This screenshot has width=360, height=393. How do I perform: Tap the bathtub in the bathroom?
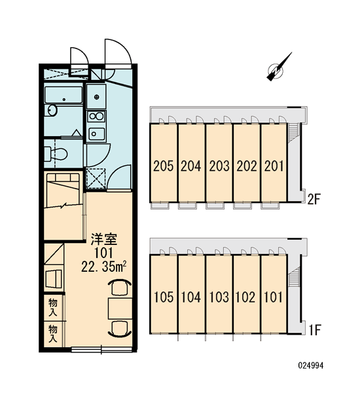(x=63, y=95)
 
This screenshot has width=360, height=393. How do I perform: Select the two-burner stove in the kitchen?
(x=96, y=117)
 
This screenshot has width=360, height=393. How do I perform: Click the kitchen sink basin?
(x=97, y=134)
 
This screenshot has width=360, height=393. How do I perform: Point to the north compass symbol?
(x=278, y=67)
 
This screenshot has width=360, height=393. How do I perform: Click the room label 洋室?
(x=103, y=239)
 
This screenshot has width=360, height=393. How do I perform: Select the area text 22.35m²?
(x=103, y=267)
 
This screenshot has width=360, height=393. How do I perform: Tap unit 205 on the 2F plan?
(x=164, y=166)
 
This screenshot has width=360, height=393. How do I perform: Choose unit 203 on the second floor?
(x=219, y=166)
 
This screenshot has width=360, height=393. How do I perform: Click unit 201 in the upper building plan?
(x=274, y=166)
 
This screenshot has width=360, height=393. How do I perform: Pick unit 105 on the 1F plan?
(x=164, y=297)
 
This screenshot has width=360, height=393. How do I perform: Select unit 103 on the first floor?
(x=219, y=297)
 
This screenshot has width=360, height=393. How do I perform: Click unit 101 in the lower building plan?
(x=274, y=297)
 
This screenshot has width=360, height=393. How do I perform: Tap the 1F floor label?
(x=315, y=330)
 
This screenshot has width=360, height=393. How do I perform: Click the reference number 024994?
(x=311, y=365)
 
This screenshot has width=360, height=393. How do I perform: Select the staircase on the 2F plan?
(x=293, y=132)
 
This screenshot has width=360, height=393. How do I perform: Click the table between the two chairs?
(x=120, y=309)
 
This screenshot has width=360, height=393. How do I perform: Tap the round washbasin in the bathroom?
(x=52, y=111)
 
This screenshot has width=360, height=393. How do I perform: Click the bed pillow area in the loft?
(x=63, y=178)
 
